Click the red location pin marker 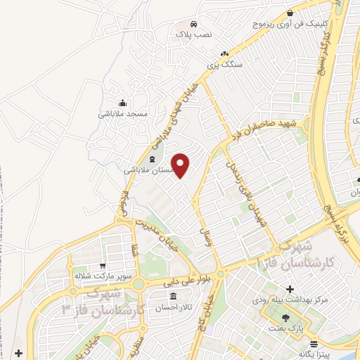tap(181, 165)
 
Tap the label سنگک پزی tap(224, 65)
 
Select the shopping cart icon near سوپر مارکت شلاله tap(103, 266)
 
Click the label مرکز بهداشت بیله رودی tap(290, 300)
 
